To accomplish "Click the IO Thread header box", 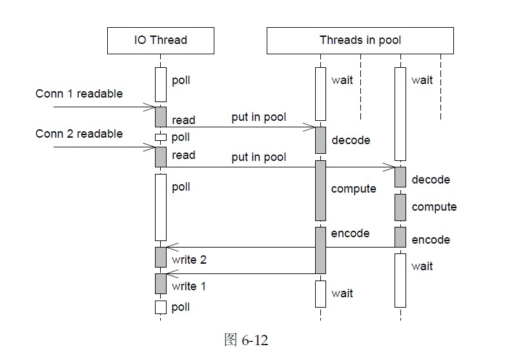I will [x=160, y=40].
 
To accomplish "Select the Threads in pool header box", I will [x=360, y=40].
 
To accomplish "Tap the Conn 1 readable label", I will [x=79, y=94].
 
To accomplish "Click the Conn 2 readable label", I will [x=79, y=134].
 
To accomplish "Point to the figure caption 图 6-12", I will [x=245, y=340].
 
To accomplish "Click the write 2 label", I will [x=189, y=260].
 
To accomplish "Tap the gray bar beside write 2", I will [x=161, y=257].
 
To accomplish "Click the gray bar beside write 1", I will [x=161, y=283].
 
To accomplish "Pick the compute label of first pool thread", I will [x=353, y=189].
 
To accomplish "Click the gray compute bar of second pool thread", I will [x=400, y=207].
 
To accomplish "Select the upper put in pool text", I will [x=258, y=118].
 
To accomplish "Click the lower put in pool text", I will [x=258, y=158].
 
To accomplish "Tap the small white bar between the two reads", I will [x=161, y=137].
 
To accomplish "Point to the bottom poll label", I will [x=181, y=307].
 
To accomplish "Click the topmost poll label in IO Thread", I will [x=181, y=81].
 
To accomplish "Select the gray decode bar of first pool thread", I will [x=320, y=140].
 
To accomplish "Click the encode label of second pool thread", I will [x=431, y=240].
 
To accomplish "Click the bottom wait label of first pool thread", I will [x=342, y=293].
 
